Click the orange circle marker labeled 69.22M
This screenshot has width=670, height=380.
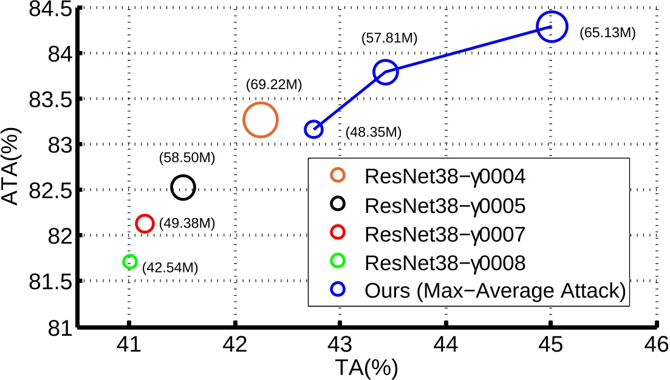coord(260,120)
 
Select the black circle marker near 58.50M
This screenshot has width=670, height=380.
coord(183,188)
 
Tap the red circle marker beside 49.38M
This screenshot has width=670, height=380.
coord(145,223)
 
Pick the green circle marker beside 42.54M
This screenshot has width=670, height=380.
coord(129,262)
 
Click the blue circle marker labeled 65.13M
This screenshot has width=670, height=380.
coord(552,27)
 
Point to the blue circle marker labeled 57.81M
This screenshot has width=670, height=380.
coord(386,72)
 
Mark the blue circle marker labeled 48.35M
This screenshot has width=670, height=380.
coord(313,129)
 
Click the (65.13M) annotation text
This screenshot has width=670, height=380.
coord(607,32)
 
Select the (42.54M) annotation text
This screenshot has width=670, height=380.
coord(169,266)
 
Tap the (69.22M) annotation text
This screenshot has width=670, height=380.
coord(274,84)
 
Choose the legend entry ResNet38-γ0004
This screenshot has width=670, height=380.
coord(445,177)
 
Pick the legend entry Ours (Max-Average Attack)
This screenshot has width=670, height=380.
coord(495,291)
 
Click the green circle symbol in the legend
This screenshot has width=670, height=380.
coord(337,262)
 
